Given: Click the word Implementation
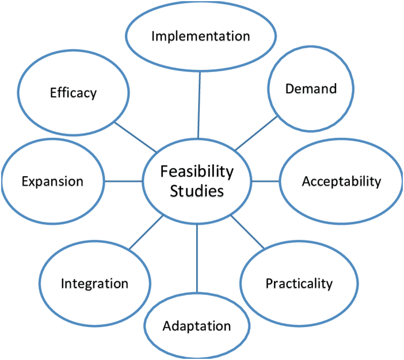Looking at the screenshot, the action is pyautogui.click(x=201, y=36).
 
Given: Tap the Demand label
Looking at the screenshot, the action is pyautogui.click(x=311, y=89).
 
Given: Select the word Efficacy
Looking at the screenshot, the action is pyautogui.click(x=74, y=93).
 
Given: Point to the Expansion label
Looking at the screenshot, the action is pyautogui.click(x=52, y=181).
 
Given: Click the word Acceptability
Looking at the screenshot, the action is pyautogui.click(x=341, y=181).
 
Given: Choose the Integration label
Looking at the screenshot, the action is pyautogui.click(x=94, y=284).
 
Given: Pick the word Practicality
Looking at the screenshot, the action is pyautogui.click(x=299, y=284).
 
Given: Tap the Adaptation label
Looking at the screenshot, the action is pyautogui.click(x=197, y=326).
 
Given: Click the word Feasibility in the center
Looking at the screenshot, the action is pyautogui.click(x=197, y=172).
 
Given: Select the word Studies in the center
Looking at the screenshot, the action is pyautogui.click(x=197, y=191).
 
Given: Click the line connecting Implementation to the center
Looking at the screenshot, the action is pyautogui.click(x=199, y=105).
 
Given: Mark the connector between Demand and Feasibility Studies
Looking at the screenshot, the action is pyautogui.click(x=257, y=133).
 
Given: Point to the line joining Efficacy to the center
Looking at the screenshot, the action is pyautogui.click(x=135, y=137).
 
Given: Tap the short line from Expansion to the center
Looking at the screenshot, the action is pyautogui.click(x=123, y=181).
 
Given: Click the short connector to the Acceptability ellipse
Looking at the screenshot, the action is pyautogui.click(x=265, y=181).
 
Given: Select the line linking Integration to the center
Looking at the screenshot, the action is pyautogui.click(x=146, y=233).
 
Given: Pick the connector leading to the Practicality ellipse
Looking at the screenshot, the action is pyautogui.click(x=247, y=232).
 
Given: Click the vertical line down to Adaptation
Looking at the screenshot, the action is pyautogui.click(x=197, y=259).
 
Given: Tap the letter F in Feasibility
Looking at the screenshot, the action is pyautogui.click(x=165, y=171).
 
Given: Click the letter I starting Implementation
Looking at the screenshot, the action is pyautogui.click(x=153, y=36).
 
